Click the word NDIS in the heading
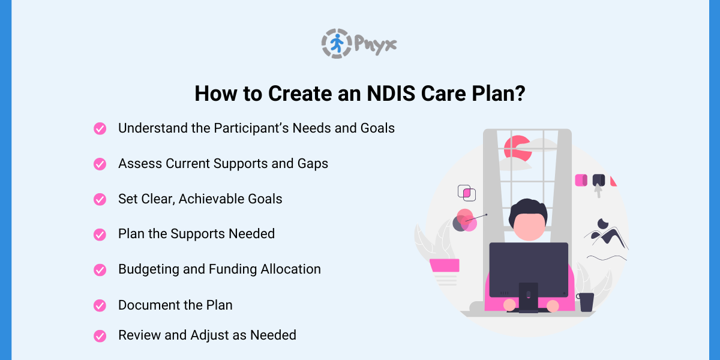click(x=364, y=94)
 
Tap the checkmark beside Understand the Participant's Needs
click(x=100, y=128)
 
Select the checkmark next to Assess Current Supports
click(x=100, y=164)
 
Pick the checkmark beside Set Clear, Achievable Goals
click(x=100, y=199)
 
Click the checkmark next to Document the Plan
click(x=100, y=305)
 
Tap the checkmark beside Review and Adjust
click(x=100, y=335)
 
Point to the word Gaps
click(x=311, y=163)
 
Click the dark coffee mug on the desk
click(x=586, y=302)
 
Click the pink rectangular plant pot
click(x=445, y=265)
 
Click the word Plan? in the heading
click(x=500, y=94)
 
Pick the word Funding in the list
click(x=232, y=269)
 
